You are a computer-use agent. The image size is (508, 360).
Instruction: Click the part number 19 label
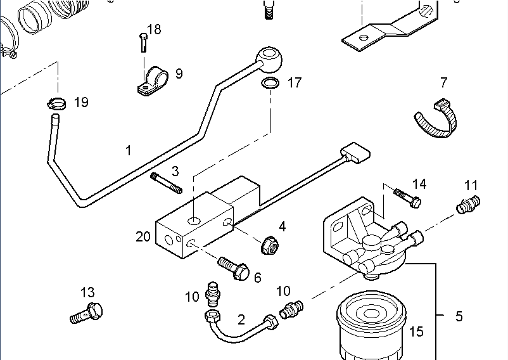point(81,102)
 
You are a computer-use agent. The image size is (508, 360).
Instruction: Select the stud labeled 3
point(166,183)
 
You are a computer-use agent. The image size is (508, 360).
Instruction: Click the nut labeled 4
point(269,244)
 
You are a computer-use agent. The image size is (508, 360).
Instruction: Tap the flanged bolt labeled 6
point(232,268)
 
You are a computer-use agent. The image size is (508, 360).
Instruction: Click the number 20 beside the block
point(143,236)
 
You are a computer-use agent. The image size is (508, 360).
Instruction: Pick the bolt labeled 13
point(86,312)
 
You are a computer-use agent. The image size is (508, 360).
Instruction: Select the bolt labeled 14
point(407,198)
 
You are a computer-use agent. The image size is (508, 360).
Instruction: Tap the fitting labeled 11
point(468,205)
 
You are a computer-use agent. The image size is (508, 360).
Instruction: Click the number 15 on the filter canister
point(416,331)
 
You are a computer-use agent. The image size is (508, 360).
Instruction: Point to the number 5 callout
point(459,316)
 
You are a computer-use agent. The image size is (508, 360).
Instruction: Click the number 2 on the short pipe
point(241,319)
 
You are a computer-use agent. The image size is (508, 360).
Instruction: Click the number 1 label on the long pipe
point(129,150)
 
